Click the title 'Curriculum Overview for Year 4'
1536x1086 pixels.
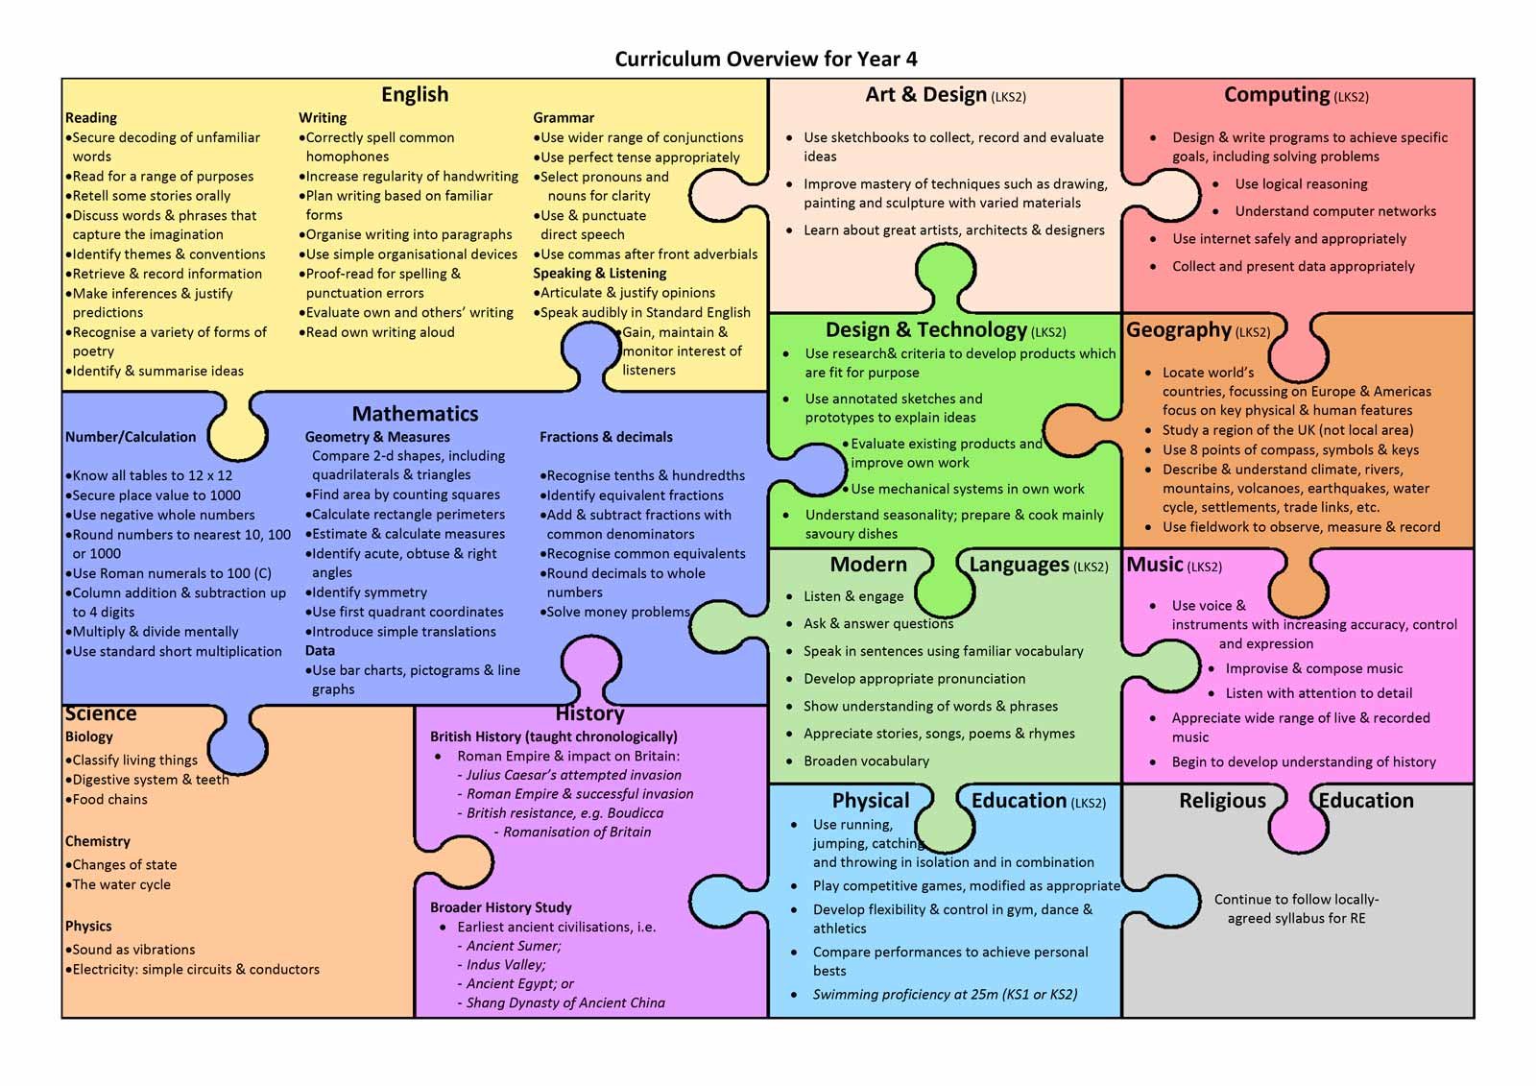coord(765,59)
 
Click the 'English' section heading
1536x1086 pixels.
coord(415,94)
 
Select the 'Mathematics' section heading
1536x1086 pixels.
coord(415,414)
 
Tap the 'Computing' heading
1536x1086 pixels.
coord(1277,94)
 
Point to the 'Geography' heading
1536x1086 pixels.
coord(1179,330)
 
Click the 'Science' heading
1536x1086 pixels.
coord(101,713)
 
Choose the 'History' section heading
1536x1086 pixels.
coord(589,713)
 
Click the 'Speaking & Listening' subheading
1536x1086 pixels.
coord(599,273)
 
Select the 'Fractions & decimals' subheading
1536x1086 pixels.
coord(606,437)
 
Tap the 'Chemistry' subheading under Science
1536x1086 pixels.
coord(97,842)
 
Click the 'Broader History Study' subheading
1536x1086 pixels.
coord(500,907)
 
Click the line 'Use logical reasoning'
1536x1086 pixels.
coord(1301,183)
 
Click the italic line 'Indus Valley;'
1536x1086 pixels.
coord(506,965)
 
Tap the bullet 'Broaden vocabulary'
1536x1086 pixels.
coord(866,760)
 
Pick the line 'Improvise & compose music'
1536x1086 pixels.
coord(1314,668)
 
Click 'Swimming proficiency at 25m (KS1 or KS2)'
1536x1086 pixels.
coord(945,994)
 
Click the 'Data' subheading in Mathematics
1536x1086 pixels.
coord(320,650)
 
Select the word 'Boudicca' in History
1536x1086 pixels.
coord(635,813)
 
